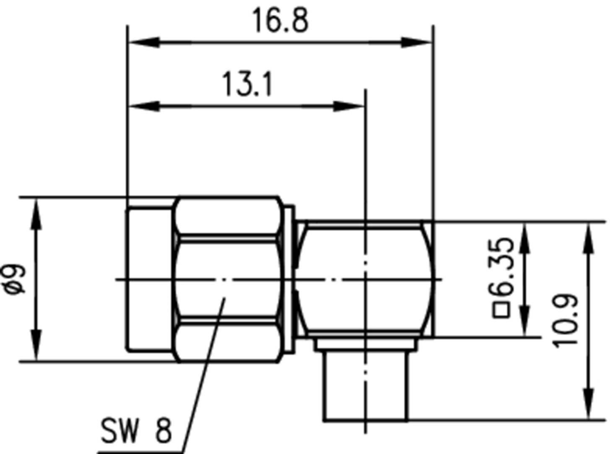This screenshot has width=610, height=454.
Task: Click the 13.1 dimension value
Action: tap(247, 84)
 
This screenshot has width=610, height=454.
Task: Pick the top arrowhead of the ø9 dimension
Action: tap(36, 214)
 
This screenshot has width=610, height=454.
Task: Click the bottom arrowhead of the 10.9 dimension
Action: tap(589, 403)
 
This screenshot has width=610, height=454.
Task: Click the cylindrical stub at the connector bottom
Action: tap(364, 386)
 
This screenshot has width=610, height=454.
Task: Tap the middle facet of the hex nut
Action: tap(226, 279)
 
